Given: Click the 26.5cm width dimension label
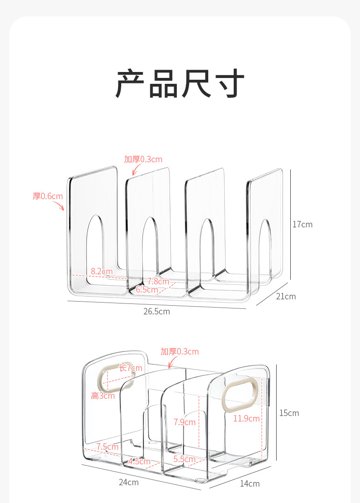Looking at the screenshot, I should tap(156, 312).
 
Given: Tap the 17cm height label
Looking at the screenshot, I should tap(303, 224).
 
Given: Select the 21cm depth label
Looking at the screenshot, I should tap(286, 297).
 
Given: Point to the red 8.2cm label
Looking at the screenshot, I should tap(101, 272).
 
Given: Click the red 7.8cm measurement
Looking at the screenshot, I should tap(158, 282).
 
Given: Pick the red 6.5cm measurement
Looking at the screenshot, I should tap(146, 290).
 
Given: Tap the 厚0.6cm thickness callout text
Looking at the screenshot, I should tap(47, 196).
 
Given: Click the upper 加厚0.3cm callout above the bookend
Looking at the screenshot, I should tap(143, 159).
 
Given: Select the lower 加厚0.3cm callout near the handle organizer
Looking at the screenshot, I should tap(180, 352).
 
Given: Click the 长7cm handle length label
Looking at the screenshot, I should tap(131, 368).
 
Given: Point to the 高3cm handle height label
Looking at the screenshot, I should tap(103, 396).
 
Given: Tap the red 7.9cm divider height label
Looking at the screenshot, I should tap(185, 422).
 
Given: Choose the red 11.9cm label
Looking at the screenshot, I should tap(246, 418).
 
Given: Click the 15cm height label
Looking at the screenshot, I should tap(289, 413).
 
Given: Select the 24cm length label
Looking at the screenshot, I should tap(129, 482).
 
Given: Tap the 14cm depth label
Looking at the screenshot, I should tap(250, 483).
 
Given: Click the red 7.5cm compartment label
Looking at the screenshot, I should tap(108, 447).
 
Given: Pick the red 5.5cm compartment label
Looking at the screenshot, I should tap(184, 459).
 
